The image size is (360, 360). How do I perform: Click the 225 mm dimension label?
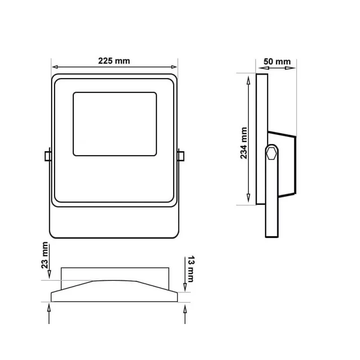pos(114,61)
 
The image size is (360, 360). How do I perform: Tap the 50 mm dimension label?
pos(277,62)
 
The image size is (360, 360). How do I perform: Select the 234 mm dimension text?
pos(243,143)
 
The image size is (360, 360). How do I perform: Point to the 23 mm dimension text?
pos(45,255)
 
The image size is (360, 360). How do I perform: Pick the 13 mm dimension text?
pos(191,269)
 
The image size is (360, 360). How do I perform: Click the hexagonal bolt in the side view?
pos(272,153)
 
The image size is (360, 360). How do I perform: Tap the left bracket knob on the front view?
pos(48,156)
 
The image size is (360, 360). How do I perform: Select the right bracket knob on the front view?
pos(181,156)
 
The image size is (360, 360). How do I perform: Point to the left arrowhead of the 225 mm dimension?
pos(55,67)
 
